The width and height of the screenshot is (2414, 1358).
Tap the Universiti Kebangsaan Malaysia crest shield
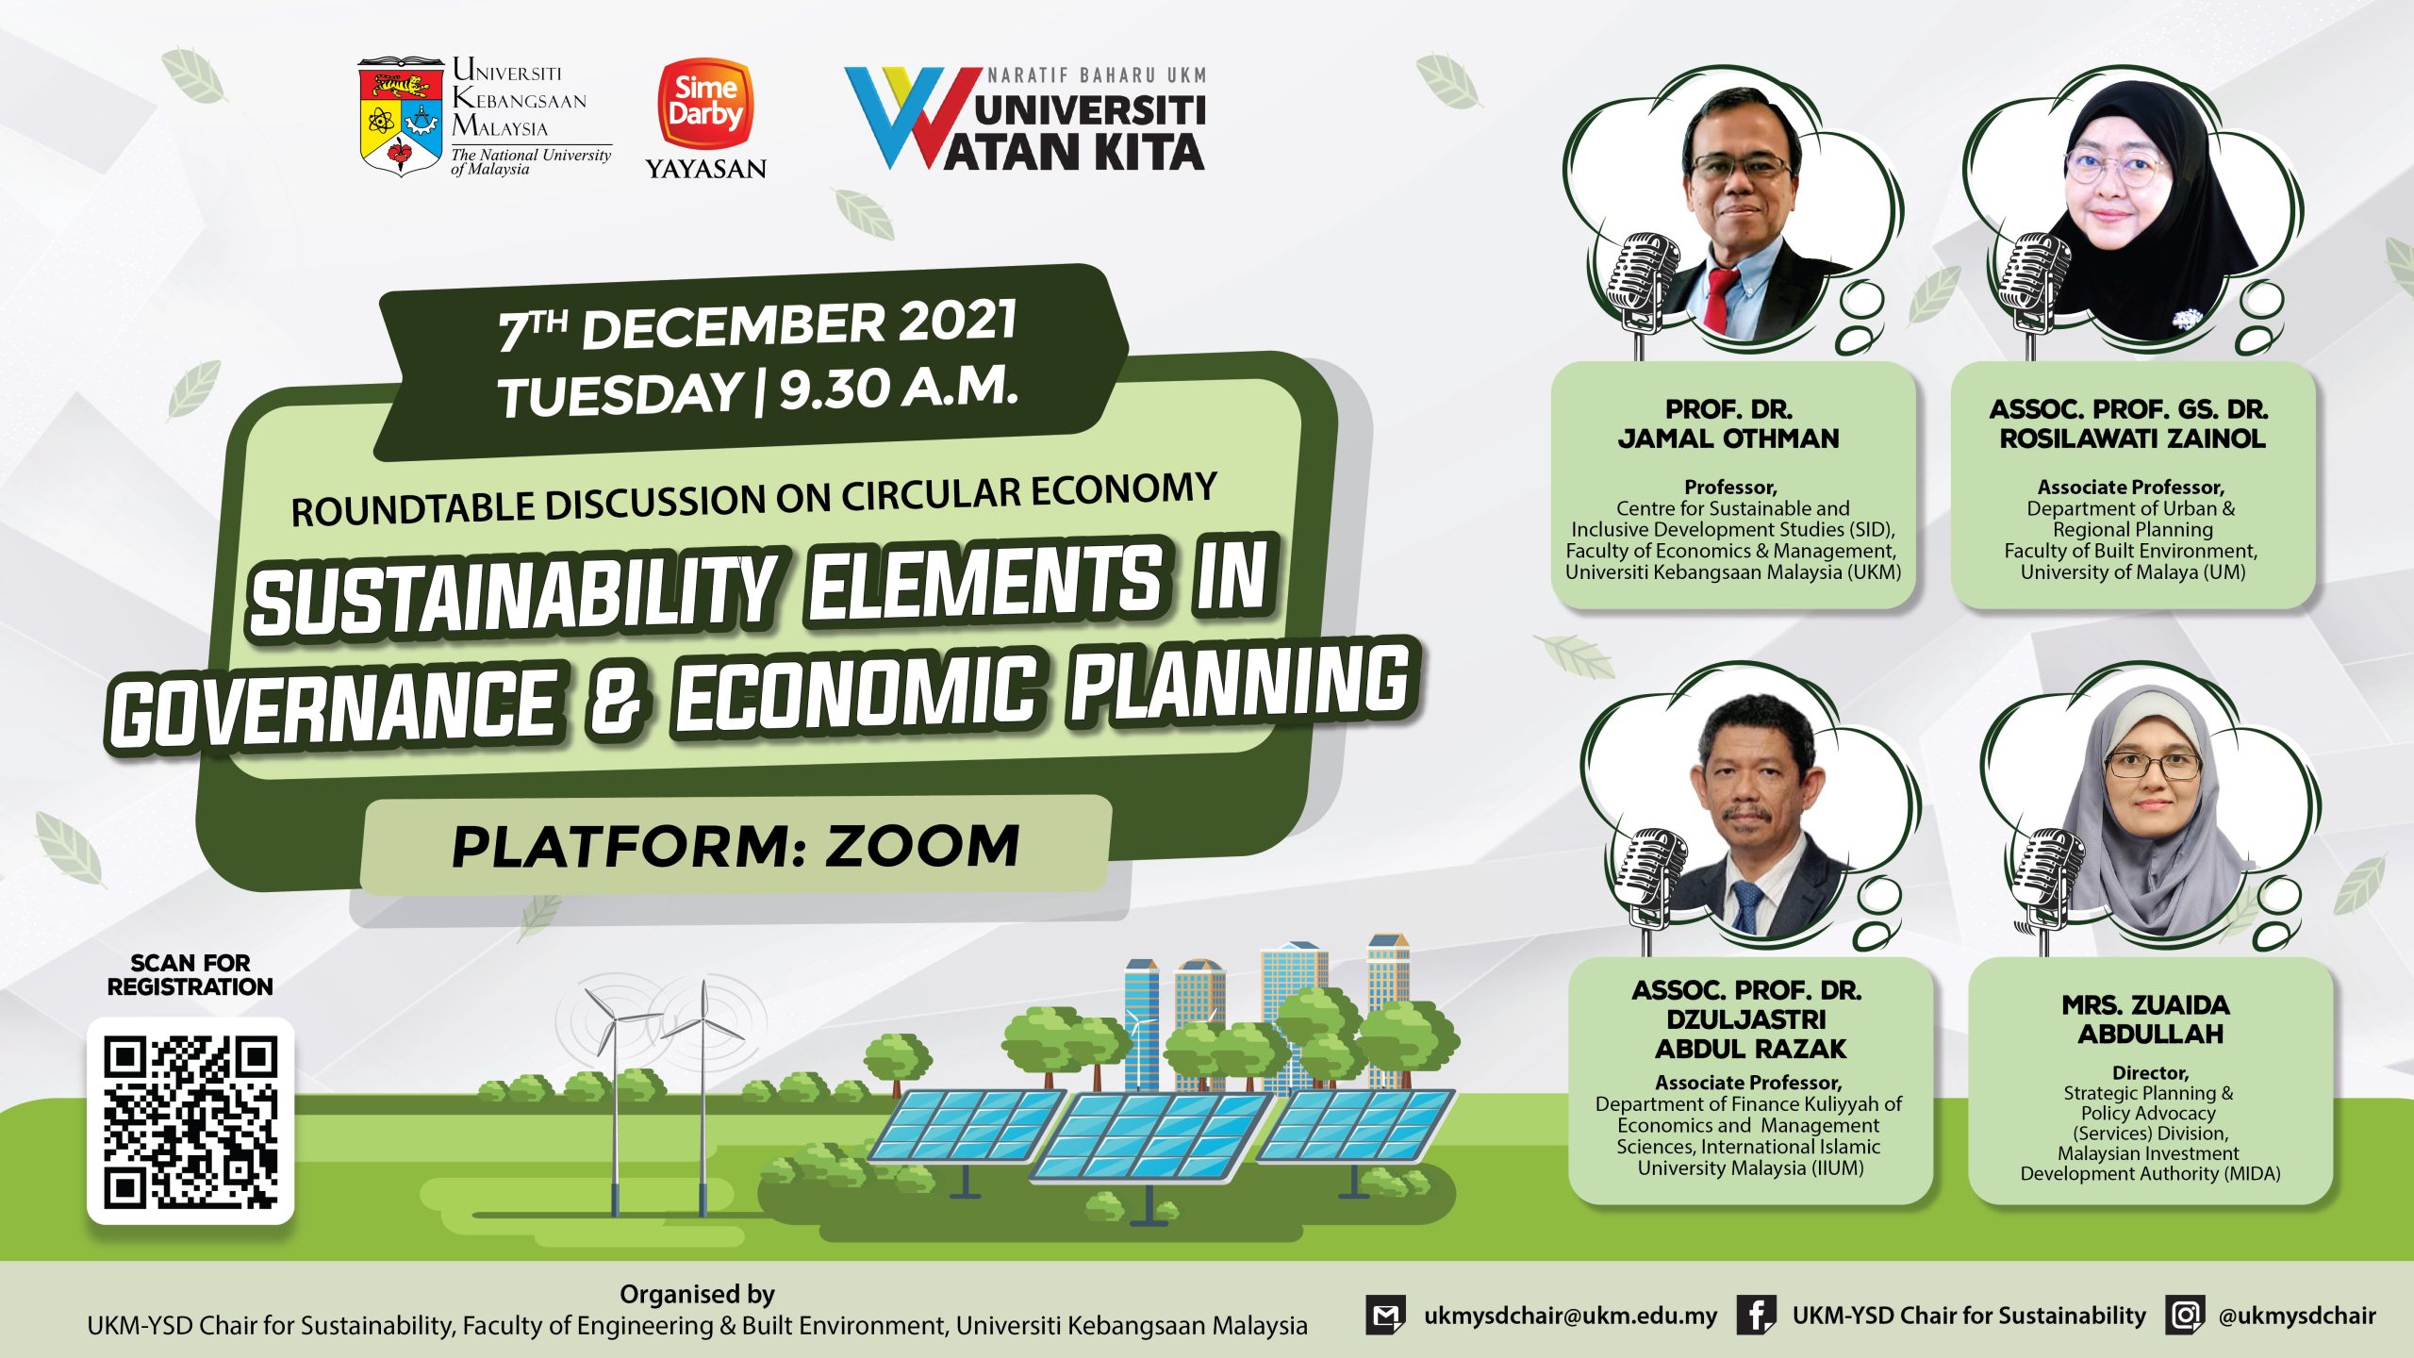400,117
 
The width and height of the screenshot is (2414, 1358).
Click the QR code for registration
190,1121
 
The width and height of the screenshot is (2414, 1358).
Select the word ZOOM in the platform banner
923,845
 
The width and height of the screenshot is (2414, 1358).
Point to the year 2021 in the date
958,321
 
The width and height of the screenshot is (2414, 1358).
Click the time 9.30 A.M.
899,388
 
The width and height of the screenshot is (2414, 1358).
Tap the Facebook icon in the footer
1757,1315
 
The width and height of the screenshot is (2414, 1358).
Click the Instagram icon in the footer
2185,1315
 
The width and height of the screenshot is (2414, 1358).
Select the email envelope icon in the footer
1385,1315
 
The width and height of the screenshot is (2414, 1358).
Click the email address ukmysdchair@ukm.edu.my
1570,1316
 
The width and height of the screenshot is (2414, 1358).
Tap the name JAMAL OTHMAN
1728,439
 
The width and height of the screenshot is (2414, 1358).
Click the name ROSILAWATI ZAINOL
2132,439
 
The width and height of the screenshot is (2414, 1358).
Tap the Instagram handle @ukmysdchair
2297,1316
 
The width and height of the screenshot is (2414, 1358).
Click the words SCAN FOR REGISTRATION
190,975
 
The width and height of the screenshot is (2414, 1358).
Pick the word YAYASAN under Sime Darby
705,169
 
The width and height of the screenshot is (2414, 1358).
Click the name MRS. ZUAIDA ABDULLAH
2151,1019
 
